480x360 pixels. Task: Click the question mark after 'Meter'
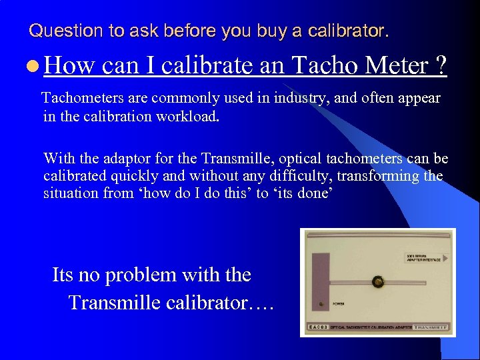[440, 65]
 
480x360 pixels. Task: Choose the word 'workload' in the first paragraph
[189, 116]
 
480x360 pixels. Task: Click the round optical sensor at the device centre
[377, 282]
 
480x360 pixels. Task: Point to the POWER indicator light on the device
[322, 305]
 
